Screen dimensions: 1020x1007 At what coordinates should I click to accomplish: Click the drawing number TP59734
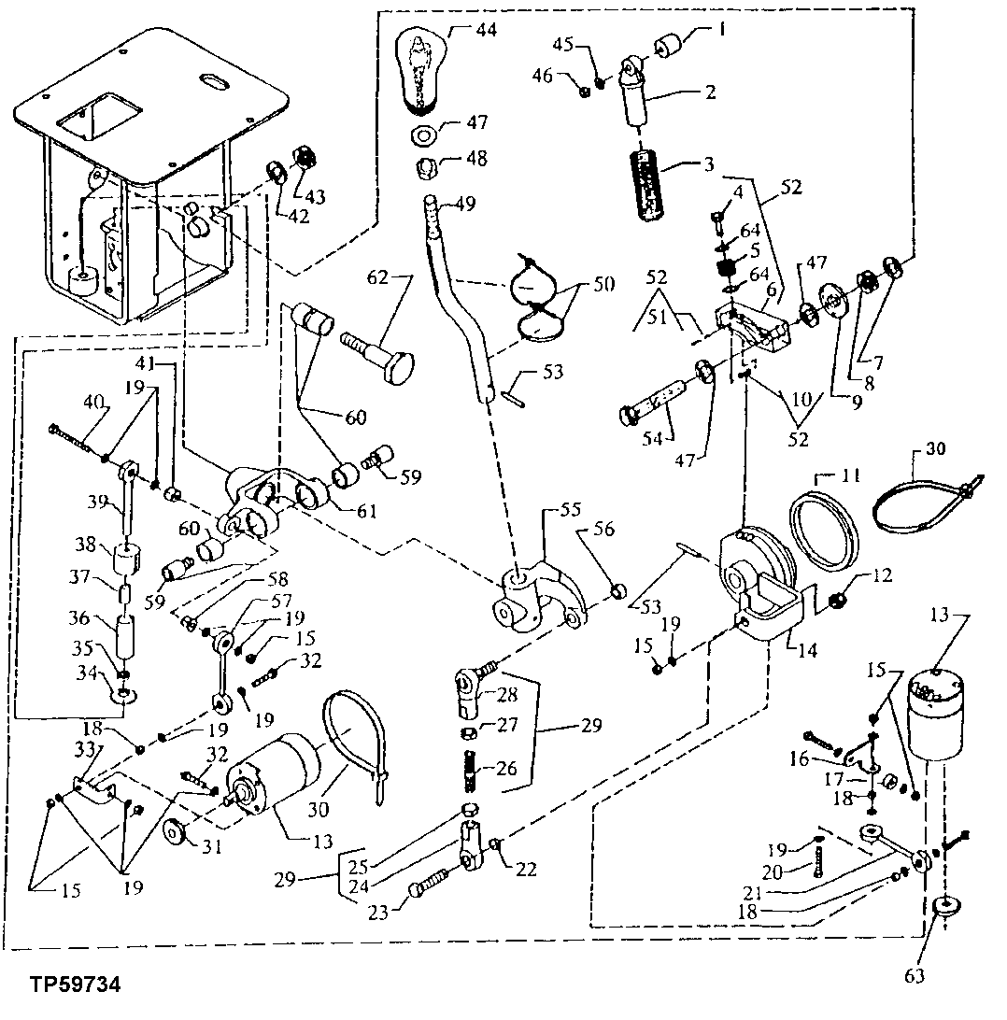pos(74,985)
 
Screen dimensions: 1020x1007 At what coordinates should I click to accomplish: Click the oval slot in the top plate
pos(213,85)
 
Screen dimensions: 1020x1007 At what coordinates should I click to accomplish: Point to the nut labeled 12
pos(837,600)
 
